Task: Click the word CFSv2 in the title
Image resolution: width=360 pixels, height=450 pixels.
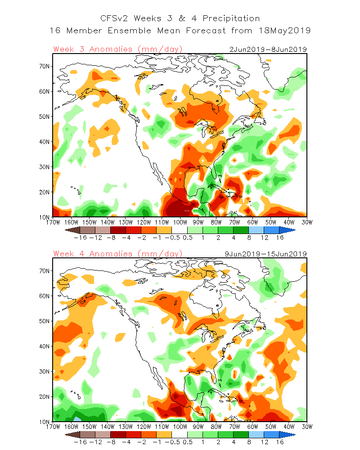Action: (113, 18)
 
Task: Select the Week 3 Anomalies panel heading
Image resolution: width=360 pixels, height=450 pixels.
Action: (117, 49)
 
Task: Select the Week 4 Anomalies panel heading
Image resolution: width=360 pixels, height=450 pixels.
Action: (117, 254)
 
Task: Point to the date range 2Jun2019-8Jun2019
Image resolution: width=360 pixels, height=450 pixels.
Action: (268, 49)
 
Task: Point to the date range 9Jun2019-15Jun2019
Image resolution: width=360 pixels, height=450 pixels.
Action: (266, 254)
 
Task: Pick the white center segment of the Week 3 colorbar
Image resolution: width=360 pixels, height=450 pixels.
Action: (180, 229)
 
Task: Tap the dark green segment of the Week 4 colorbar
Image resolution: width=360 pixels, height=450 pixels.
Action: (241, 434)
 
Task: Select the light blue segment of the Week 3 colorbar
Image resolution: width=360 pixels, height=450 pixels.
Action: (256, 229)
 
